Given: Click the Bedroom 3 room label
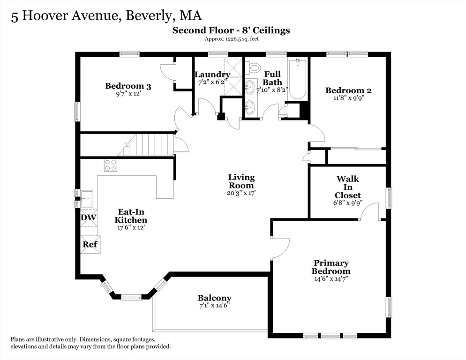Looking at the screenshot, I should click(x=128, y=86).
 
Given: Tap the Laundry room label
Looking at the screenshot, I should click(x=212, y=75).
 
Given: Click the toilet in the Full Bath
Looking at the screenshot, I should click(x=255, y=68).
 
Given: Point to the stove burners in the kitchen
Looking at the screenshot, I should click(x=111, y=165).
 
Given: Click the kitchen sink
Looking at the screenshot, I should click(x=86, y=198).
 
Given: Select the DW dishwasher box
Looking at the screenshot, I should click(x=89, y=217).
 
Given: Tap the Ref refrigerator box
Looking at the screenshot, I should click(x=90, y=244).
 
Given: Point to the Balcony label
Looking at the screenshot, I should click(x=214, y=298).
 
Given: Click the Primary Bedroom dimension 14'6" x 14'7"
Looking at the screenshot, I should click(x=331, y=278).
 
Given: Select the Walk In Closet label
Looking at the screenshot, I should click(x=347, y=187).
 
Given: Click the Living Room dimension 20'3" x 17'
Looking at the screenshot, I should click(x=241, y=193).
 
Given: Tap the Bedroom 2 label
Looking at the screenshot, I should click(x=345, y=90).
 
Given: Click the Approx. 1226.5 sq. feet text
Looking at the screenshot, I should click(x=231, y=39).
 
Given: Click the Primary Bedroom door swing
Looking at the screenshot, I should click(x=281, y=248).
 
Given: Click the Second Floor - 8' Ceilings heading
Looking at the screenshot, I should click(x=231, y=30).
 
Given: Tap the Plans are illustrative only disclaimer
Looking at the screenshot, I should click(x=90, y=343).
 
